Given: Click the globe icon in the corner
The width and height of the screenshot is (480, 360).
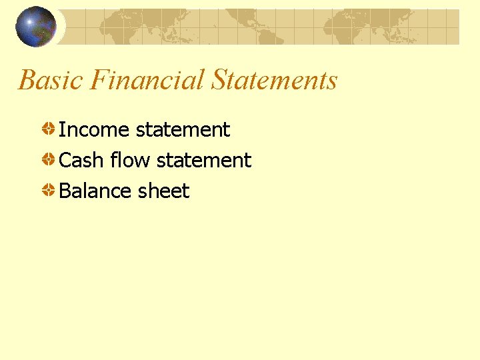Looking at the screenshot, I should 35,27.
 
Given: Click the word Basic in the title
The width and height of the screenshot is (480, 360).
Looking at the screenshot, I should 51,81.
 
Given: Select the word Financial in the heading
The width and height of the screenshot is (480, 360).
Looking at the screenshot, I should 147,81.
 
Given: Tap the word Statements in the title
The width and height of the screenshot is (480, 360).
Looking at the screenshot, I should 275,81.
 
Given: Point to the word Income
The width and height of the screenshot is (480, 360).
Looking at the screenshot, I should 95,129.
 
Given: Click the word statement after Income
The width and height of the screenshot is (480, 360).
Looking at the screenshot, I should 183,129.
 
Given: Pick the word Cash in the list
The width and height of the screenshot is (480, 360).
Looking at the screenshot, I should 81,160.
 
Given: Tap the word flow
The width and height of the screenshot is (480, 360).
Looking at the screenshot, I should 130,160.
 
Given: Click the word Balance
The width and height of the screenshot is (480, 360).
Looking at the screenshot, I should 95,191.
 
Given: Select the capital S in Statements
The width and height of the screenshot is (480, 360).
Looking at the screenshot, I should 219,81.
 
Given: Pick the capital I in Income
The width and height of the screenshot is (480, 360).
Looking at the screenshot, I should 62,129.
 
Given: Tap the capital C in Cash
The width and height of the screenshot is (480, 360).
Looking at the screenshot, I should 66,160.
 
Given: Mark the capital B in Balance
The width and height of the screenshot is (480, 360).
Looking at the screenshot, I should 65,191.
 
